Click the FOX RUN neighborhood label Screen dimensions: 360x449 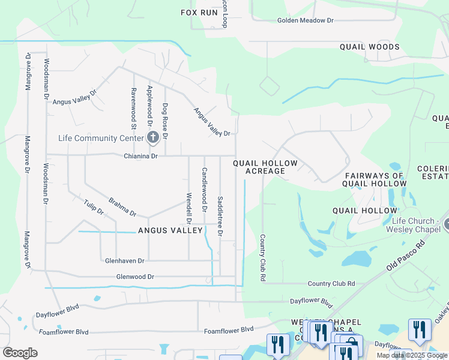(199, 12)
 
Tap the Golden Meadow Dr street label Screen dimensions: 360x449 (305, 20)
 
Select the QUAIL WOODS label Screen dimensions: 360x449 (369, 47)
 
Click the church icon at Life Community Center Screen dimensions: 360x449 (153, 138)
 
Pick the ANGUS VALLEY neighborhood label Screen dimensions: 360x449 (170, 230)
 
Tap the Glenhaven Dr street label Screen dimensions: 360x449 (125, 261)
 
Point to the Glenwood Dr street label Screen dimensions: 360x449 (135, 277)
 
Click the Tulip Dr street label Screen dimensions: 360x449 (94, 208)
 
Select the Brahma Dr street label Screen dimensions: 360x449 (122, 207)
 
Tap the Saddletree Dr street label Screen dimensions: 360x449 (220, 215)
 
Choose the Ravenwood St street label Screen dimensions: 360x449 (133, 108)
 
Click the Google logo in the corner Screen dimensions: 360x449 (20, 353)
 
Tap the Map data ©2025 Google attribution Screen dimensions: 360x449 (412, 355)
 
